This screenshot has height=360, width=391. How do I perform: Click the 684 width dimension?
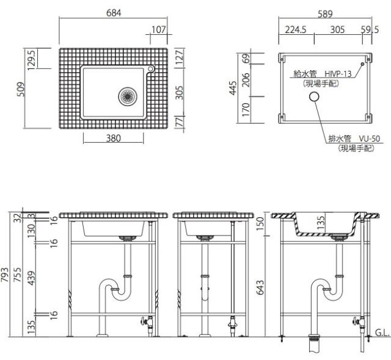point(114,13)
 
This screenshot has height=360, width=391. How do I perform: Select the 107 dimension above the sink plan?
point(159,30)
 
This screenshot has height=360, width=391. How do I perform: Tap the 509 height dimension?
point(21,89)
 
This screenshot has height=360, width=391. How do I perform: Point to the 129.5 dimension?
point(32,60)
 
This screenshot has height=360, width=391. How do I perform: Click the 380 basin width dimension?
point(114,138)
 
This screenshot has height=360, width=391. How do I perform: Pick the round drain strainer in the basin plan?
point(128,96)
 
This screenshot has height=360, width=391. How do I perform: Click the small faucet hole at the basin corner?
point(151,69)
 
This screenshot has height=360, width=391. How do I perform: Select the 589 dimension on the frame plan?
point(325,14)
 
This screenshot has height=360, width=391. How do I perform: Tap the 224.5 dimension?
point(296,30)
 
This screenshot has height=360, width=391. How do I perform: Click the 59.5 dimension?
point(370,30)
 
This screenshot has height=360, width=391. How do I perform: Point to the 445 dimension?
point(233,88)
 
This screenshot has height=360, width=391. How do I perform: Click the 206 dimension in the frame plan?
point(246,80)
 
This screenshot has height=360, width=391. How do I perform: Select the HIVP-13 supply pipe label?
point(338,74)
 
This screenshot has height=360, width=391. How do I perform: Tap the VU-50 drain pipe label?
point(370,139)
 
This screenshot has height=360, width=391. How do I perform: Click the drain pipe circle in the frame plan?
point(314,96)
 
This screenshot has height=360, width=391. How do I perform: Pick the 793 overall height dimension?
point(4,275)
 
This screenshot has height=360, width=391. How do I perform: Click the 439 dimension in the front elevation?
point(32,278)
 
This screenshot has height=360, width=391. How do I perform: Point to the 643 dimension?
point(260,287)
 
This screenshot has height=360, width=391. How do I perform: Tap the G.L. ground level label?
point(382,333)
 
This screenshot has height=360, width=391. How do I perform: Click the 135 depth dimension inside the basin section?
point(321,223)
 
